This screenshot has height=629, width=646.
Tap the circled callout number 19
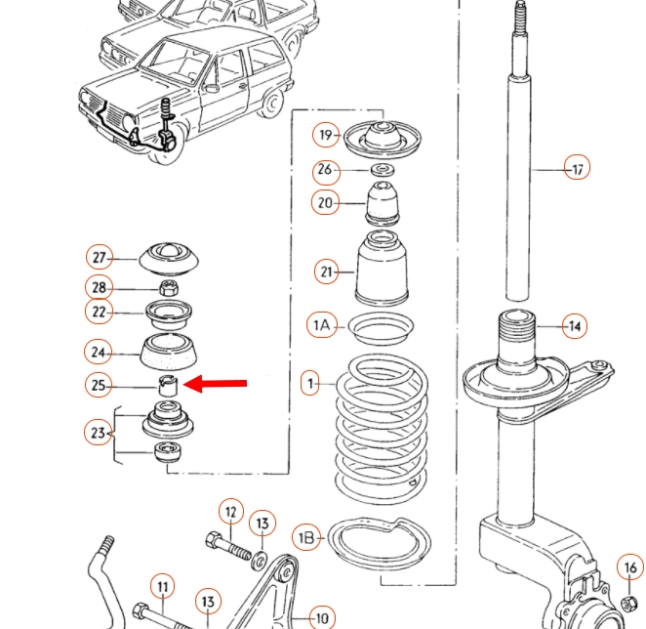325,136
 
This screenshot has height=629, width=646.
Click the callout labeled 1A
322,325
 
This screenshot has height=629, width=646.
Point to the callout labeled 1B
306,537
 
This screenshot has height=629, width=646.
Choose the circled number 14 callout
575,326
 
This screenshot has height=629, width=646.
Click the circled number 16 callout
630,568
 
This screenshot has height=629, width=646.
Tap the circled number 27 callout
99,258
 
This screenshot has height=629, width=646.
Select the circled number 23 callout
98,431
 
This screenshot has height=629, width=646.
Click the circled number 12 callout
230,511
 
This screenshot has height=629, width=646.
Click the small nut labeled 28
167,287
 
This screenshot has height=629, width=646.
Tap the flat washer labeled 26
384,170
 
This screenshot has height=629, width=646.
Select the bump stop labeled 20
383,203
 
